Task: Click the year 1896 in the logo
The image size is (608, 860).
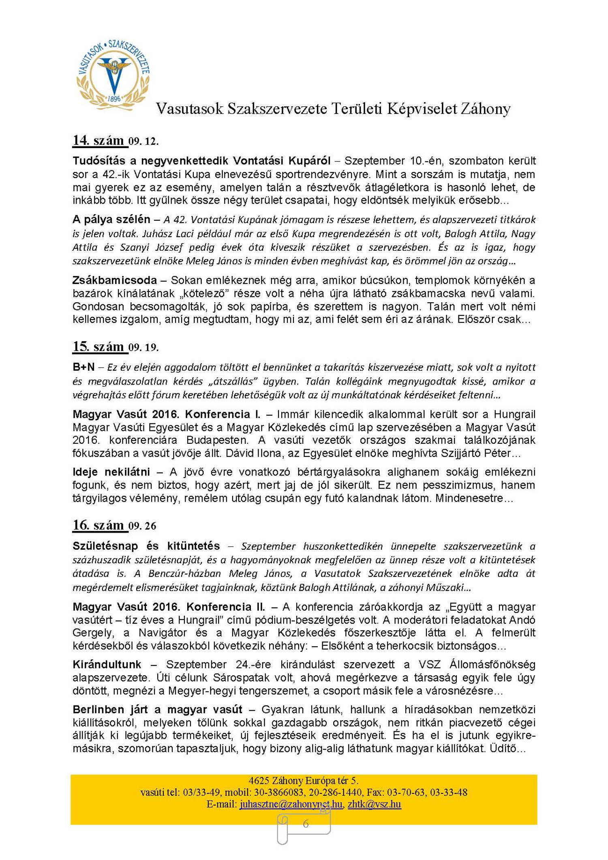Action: pos(114,99)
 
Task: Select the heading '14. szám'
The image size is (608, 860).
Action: pos(98,140)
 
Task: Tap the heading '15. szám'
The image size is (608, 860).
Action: pos(98,347)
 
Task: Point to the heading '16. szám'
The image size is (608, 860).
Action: pos(98,525)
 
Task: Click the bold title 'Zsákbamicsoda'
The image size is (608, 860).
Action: pos(115,280)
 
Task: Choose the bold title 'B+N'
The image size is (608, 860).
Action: pos(83,367)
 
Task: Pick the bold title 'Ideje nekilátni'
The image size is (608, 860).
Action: pos(111,472)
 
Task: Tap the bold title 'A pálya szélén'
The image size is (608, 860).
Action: pos(111,219)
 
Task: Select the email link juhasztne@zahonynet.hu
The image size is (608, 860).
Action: pos(291,804)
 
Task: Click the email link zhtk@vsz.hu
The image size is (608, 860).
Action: pos(374,804)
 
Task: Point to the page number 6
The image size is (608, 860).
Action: pos(306,824)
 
